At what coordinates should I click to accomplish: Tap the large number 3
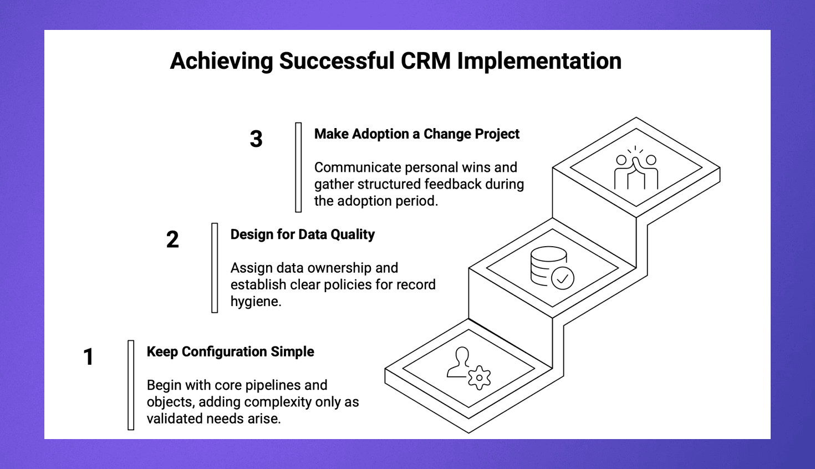[x=256, y=139]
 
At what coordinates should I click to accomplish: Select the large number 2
[x=172, y=239]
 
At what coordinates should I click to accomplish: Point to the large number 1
[x=88, y=356]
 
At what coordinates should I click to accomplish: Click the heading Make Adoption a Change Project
[x=416, y=134]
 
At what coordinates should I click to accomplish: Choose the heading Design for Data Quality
[x=302, y=234]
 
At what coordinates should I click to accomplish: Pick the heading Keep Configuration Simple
[x=230, y=352]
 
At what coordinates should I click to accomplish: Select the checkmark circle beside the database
[x=562, y=278]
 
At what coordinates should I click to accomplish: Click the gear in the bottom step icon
[x=479, y=378]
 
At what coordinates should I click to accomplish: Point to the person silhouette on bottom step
[x=460, y=363]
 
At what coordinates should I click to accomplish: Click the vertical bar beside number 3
[x=298, y=167]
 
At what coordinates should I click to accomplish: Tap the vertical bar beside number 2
[x=215, y=268]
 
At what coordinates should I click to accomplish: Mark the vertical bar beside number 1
[x=131, y=385]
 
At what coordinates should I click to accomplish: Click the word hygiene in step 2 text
[x=255, y=302]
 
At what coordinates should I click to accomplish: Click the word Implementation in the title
[x=539, y=60]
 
